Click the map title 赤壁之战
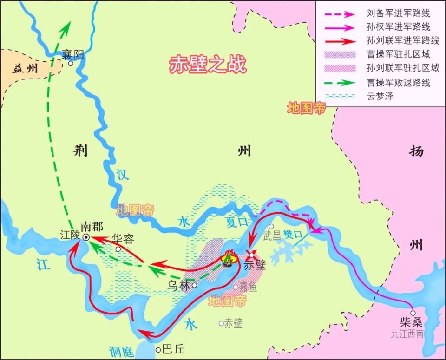[x=207, y=65]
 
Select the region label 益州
[x=25, y=70]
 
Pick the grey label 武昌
[x=272, y=236]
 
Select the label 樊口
[x=293, y=235]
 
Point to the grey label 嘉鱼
[x=247, y=288]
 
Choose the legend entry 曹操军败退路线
[x=398, y=83]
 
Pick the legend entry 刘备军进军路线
[x=398, y=13]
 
